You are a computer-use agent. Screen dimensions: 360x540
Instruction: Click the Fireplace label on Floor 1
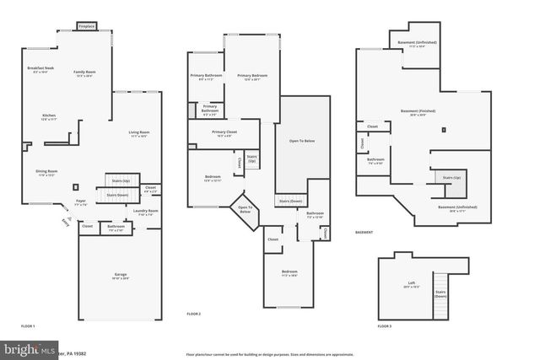pos(86,27)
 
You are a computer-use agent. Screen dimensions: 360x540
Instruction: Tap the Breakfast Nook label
pos(40,68)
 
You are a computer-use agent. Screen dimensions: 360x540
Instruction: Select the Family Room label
pos(84,73)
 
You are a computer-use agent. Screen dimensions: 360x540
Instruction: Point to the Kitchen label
pos(49,117)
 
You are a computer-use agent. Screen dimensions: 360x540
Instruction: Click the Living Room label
pos(138,133)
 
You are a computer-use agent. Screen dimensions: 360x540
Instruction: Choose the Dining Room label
pos(46,172)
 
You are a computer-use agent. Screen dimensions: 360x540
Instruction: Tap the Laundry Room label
pos(146,212)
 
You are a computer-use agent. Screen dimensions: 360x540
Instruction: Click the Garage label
pos(121,276)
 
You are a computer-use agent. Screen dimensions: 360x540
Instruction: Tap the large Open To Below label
pos(301,141)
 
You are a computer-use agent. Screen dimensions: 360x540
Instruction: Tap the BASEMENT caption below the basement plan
pos(364,233)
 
